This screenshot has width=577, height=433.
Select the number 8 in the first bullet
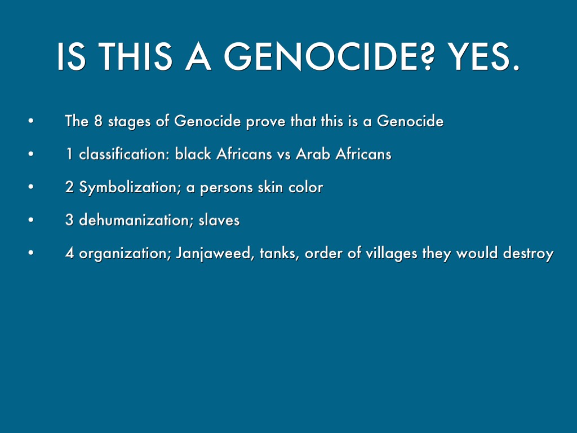pyautogui.click(x=94, y=121)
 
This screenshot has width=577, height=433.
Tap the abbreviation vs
pyautogui.click(x=285, y=154)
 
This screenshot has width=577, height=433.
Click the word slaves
pyautogui.click(x=219, y=220)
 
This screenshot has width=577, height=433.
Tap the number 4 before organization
pyautogui.click(x=69, y=254)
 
